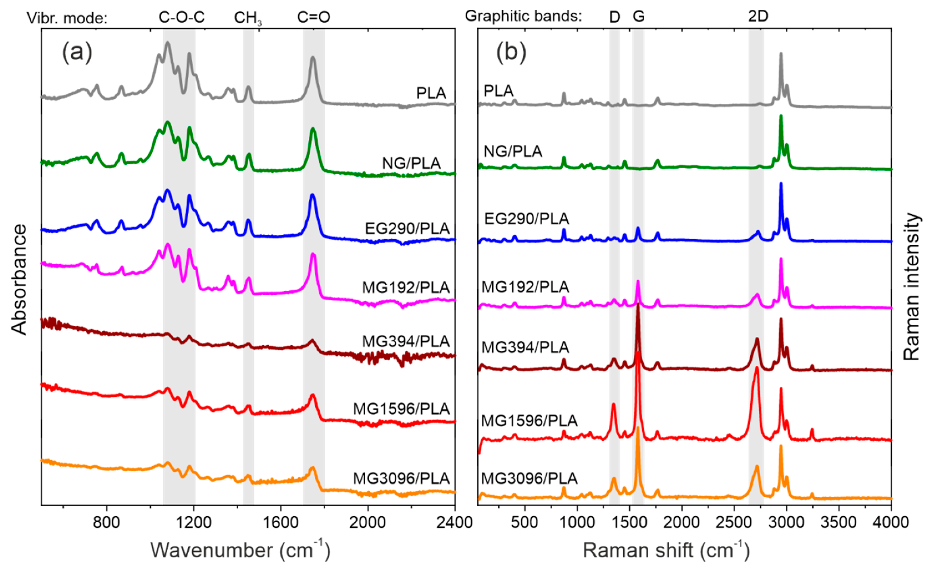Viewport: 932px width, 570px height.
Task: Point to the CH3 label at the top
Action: click(248, 18)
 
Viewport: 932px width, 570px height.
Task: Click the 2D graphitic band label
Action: click(758, 16)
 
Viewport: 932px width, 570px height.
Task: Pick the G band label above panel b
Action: click(639, 16)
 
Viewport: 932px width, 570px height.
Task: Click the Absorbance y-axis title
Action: click(19, 280)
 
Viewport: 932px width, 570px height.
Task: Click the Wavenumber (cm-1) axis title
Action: click(240, 550)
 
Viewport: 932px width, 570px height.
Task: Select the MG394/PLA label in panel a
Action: click(406, 341)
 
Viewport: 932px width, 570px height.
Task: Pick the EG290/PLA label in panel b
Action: click(526, 218)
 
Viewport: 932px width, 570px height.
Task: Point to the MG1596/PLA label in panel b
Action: click(529, 420)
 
